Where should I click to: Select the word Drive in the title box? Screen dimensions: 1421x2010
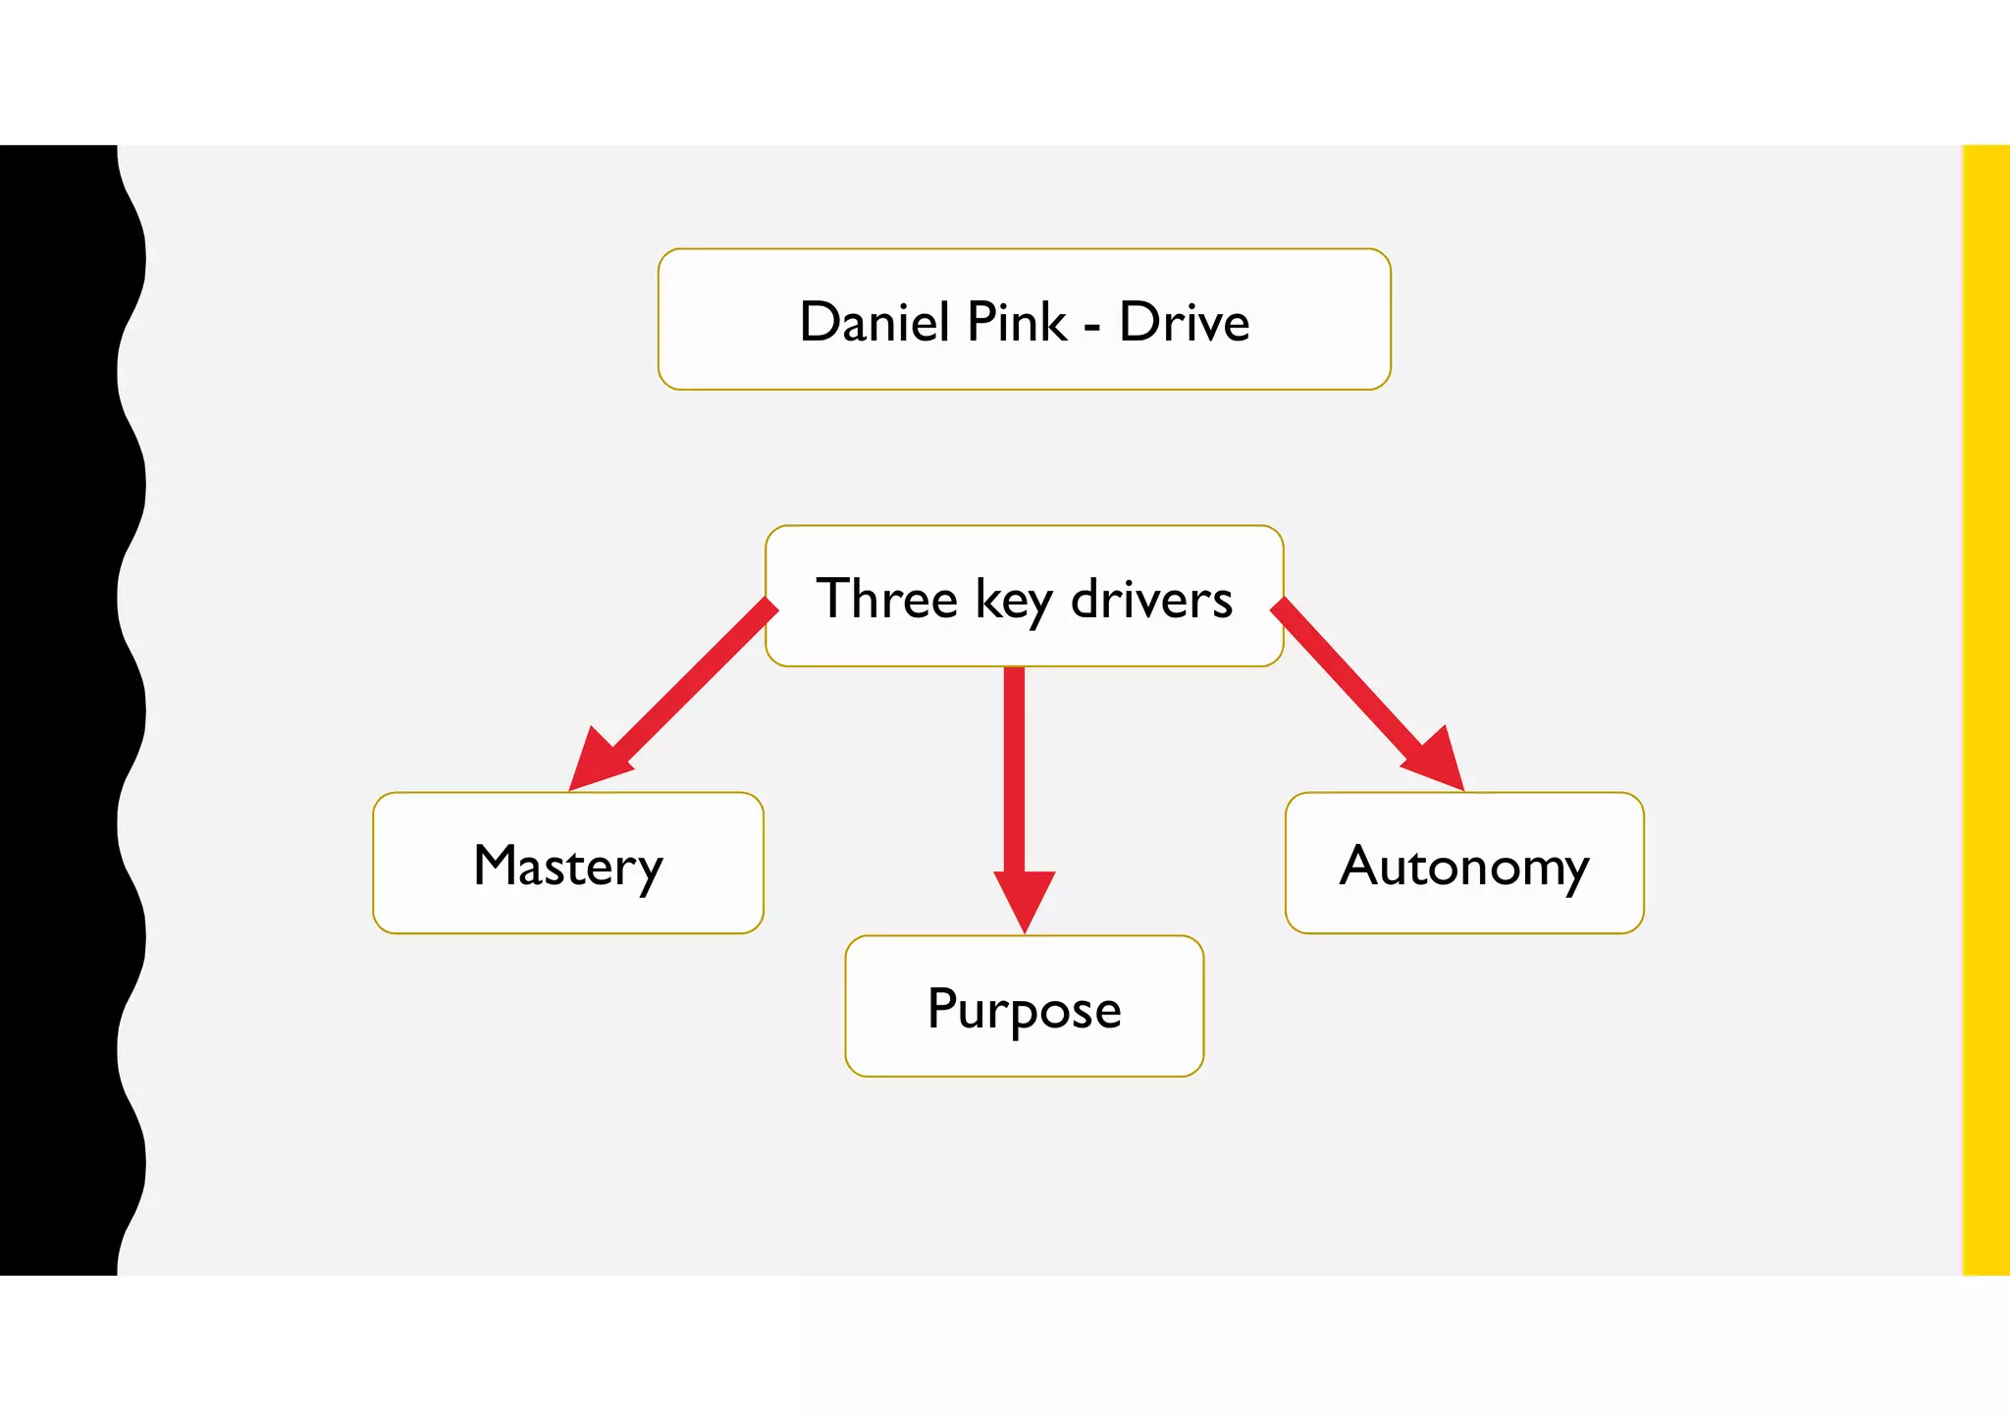click(1184, 322)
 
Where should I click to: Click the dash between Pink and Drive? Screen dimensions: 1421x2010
click(1092, 326)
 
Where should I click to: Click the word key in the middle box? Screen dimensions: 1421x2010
click(1012, 601)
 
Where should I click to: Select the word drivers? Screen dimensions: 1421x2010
click(1150, 599)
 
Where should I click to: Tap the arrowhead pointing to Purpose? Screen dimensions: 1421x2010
click(1024, 898)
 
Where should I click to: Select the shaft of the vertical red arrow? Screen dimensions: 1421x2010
click(1014, 765)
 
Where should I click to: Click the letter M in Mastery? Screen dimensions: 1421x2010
click(496, 865)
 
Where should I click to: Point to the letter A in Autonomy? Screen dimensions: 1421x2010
click(1360, 865)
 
